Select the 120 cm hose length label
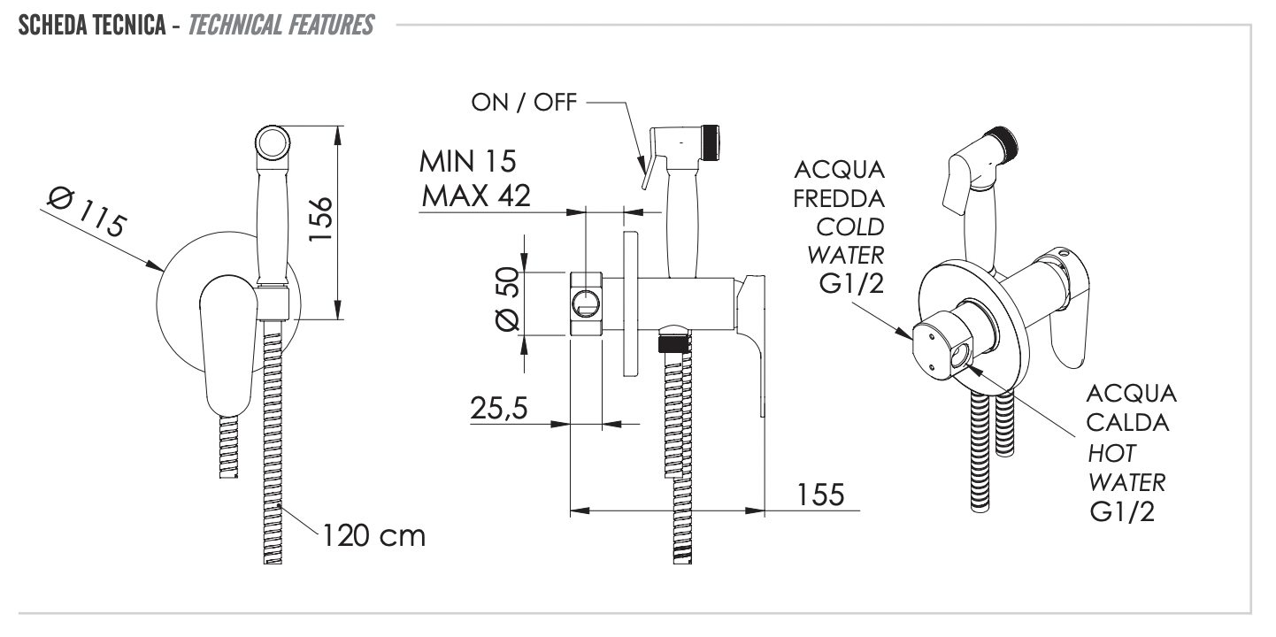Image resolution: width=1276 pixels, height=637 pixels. (373, 534)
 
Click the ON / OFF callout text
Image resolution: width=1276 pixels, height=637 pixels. (525, 103)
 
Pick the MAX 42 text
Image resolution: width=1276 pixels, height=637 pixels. (475, 195)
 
